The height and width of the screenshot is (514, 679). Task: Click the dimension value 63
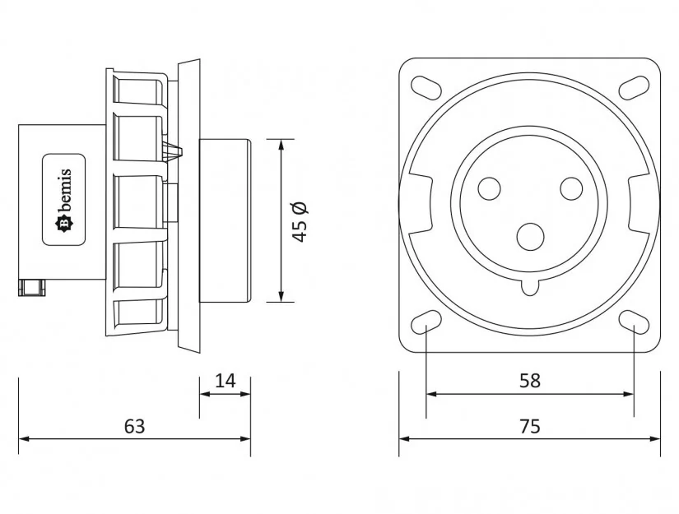[x=134, y=426]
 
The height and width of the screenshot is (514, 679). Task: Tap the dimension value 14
[x=225, y=380]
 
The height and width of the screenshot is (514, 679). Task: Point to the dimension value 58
[x=530, y=380]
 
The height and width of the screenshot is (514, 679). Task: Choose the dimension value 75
[x=530, y=426]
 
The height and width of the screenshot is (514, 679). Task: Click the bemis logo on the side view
[x=64, y=200]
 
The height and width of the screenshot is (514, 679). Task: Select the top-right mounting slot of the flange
[x=635, y=86]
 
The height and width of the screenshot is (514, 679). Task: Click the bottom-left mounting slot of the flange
[x=426, y=322]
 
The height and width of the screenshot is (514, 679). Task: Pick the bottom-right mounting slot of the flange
[x=635, y=322]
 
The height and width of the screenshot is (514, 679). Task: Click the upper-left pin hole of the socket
[x=489, y=188]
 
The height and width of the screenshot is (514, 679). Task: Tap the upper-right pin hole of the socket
[x=571, y=188]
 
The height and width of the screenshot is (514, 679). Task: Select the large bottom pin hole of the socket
[x=531, y=237]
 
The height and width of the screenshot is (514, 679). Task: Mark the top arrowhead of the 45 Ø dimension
[x=281, y=146]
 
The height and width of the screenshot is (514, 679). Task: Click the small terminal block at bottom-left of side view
[x=34, y=287]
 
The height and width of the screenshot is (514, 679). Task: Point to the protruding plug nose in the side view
[x=225, y=220]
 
